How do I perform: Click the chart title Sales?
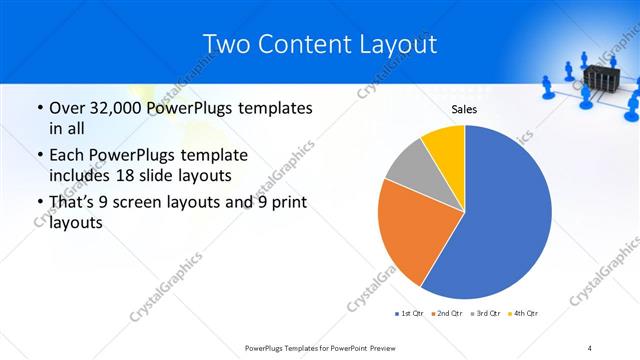pyautogui.click(x=464, y=109)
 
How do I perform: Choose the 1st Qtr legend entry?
pyautogui.click(x=409, y=314)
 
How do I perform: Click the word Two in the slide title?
pyautogui.click(x=225, y=45)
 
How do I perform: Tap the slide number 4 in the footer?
pyautogui.click(x=590, y=347)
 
